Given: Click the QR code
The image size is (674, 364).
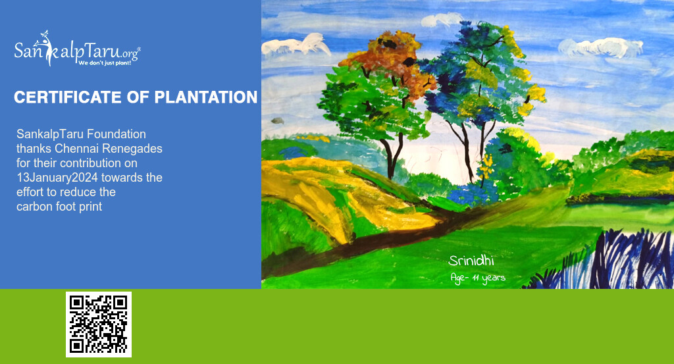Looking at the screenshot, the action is point(99,324).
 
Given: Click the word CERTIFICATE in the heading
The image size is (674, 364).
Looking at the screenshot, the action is point(68,97).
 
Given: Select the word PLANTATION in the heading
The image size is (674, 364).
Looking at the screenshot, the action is point(206,97).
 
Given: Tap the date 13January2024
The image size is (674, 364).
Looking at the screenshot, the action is point(57,178).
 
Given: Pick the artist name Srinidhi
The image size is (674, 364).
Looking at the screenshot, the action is point(471,261).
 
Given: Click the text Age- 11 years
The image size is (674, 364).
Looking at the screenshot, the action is point(478,278).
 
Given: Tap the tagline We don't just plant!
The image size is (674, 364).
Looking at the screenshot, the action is point(105,63).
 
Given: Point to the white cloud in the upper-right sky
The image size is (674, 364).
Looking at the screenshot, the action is point(601,47).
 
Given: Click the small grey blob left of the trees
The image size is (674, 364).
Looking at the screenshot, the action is point(278,120).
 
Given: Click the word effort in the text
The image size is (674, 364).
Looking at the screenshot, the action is point(30,192).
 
